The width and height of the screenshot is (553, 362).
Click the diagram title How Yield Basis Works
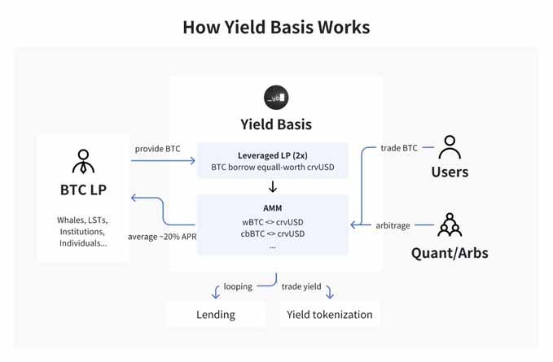[276, 27]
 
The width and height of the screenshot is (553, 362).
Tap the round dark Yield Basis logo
[276, 98]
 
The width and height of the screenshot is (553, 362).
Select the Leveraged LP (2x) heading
[273, 155]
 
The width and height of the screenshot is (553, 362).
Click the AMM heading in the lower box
[273, 208]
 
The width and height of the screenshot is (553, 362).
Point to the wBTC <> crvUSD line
[273, 222]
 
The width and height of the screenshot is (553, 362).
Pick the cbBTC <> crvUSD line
[273, 233]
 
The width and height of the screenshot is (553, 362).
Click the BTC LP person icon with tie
[83, 161]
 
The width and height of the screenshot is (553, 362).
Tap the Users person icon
[450, 147]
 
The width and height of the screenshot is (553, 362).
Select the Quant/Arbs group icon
[450, 225]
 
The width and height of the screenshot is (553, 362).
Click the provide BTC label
[158, 149]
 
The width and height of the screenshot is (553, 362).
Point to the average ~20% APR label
[162, 237]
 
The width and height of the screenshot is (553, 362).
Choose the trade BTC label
[399, 148]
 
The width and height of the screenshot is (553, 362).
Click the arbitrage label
[393, 225]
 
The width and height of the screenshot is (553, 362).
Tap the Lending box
[216, 314]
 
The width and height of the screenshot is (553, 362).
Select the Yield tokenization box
[329, 314]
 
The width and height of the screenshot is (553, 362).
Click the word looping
[238, 286]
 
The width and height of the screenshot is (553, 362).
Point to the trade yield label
[301, 286]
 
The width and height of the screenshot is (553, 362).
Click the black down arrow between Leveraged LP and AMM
[273, 186]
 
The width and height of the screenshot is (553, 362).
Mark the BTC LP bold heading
[83, 190]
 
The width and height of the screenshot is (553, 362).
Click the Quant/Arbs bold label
[450, 253]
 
